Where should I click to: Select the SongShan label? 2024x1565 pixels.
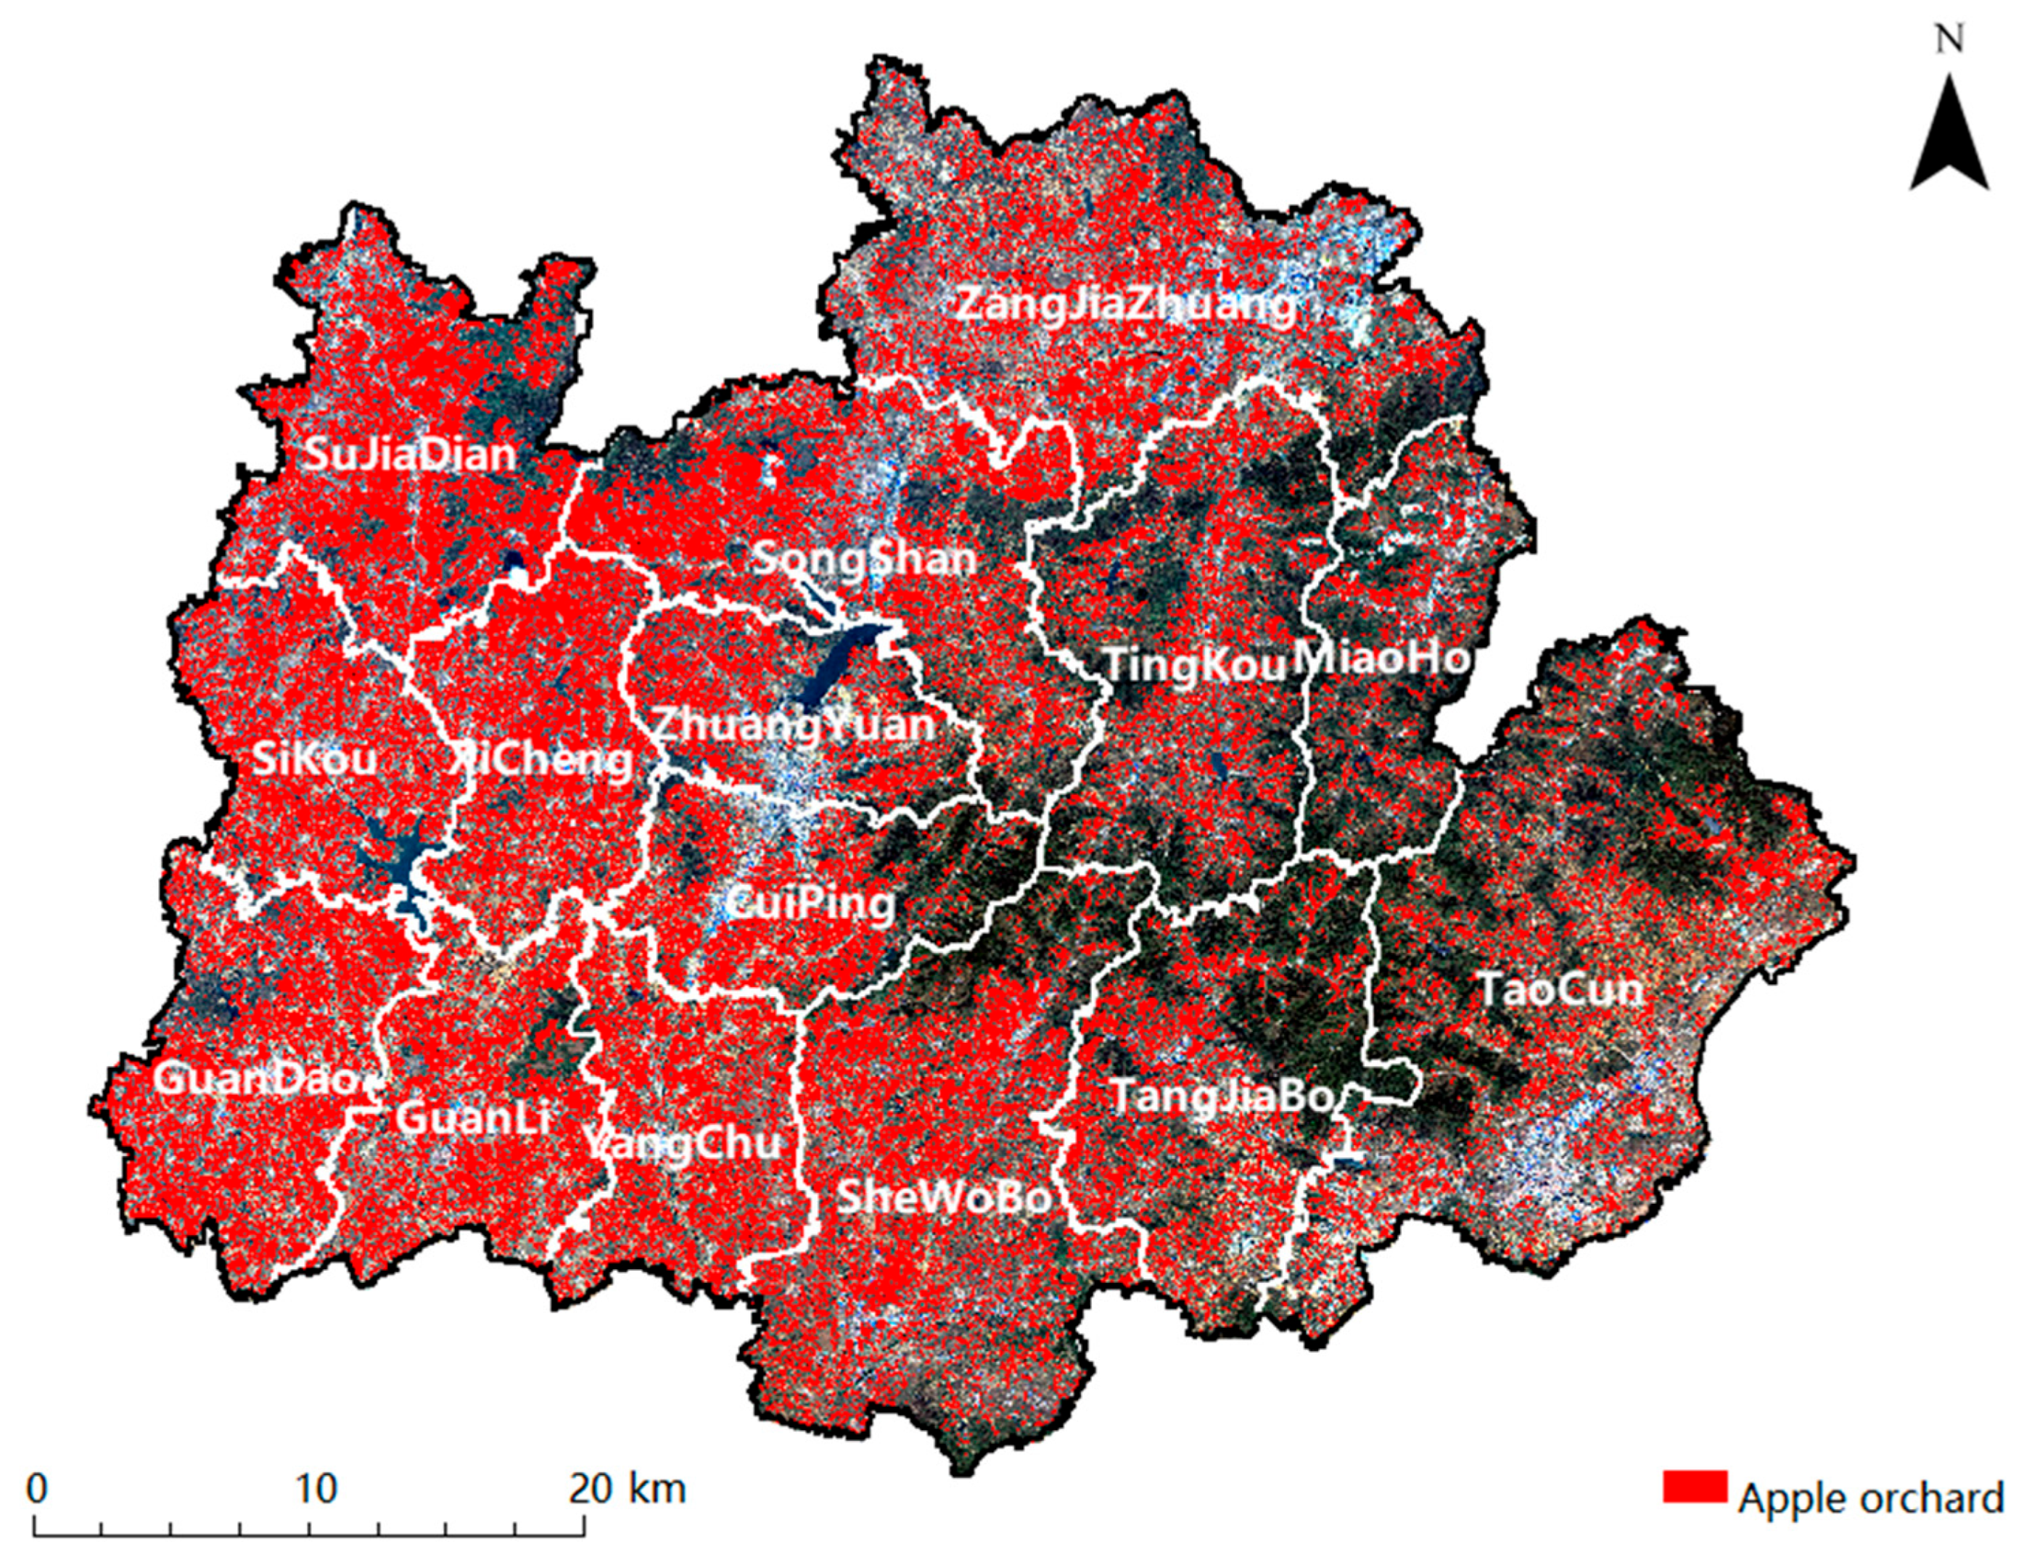(864, 558)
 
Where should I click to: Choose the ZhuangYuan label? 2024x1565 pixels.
(794, 724)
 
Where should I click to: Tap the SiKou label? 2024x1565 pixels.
(314, 760)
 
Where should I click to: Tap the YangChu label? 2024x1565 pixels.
(683, 1142)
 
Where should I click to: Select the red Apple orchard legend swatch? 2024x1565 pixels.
(1695, 1511)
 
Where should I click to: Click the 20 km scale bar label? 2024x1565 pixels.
(627, 1488)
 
